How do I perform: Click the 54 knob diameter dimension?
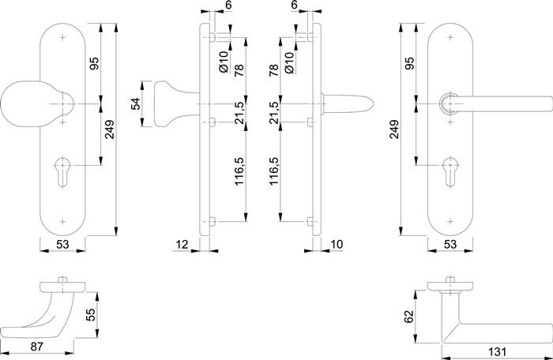pos(134,103)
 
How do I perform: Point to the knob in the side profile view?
pos(170,103)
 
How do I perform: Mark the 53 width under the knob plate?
pos(62,246)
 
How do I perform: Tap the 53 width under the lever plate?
pos(450,246)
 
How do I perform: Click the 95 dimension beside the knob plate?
pos(94,66)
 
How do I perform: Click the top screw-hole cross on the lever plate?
pos(451,36)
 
